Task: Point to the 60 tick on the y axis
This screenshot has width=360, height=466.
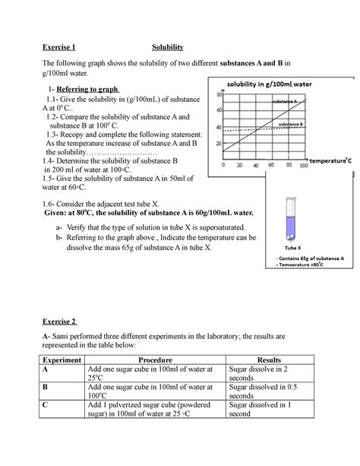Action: [x=218, y=111]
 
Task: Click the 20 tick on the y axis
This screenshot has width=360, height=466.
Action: [x=218, y=144]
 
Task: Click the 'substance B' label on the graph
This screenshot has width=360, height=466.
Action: [x=291, y=123]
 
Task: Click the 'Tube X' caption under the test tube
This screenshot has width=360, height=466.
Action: [x=293, y=249]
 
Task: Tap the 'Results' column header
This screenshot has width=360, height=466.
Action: [x=270, y=360]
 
